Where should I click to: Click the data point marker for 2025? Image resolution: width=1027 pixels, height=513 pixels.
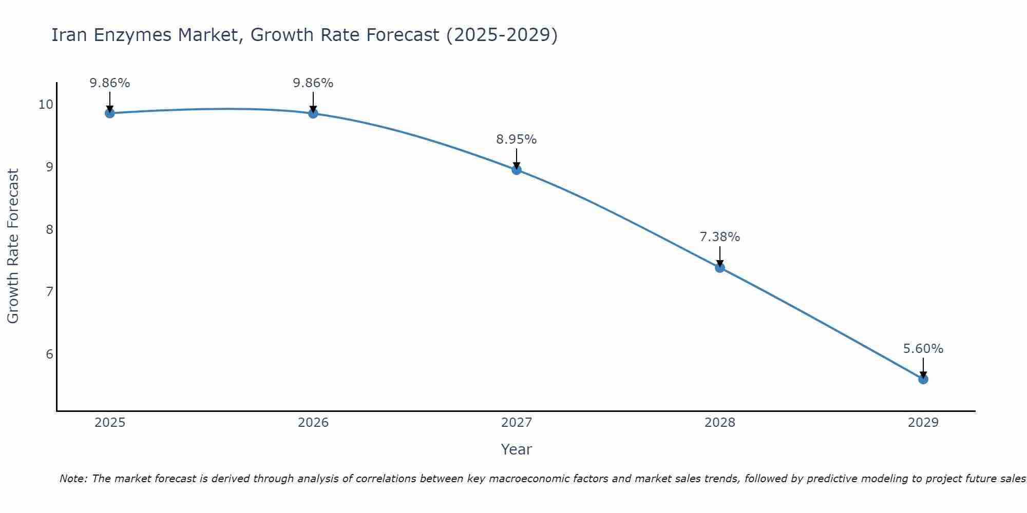[x=110, y=113]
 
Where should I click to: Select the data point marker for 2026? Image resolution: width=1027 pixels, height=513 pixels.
[x=313, y=113]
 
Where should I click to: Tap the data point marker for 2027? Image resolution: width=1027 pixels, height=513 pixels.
[x=517, y=170]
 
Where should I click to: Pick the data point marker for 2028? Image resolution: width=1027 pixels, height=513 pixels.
[x=720, y=267]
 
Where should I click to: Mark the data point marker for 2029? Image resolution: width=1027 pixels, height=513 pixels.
[x=923, y=379]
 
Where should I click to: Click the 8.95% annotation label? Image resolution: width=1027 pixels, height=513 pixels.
[x=516, y=140]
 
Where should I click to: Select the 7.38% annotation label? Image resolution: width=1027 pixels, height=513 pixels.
[x=719, y=237]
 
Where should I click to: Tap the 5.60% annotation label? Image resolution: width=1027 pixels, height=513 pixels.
[x=923, y=349]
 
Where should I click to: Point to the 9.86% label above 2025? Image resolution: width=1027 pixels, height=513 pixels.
[x=109, y=83]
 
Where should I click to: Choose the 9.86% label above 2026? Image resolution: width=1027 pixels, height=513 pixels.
[x=313, y=83]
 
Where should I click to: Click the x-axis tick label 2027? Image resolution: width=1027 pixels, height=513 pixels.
[x=517, y=423]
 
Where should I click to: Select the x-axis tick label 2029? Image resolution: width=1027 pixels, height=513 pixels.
[x=923, y=423]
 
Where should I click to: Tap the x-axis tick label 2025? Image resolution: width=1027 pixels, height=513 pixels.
[x=110, y=423]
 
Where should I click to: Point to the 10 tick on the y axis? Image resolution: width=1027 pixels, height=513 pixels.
[x=46, y=105]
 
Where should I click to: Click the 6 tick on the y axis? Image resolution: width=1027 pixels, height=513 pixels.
[x=49, y=354]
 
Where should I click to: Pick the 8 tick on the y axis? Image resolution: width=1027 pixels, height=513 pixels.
[x=49, y=229]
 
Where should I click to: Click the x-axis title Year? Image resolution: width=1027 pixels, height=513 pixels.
[x=516, y=449]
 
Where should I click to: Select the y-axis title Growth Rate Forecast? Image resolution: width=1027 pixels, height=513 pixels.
[x=13, y=246]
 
